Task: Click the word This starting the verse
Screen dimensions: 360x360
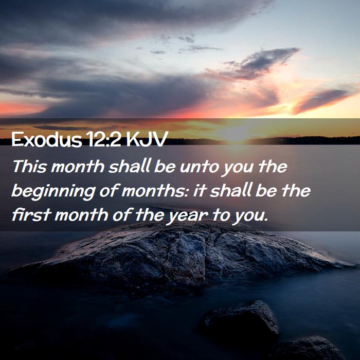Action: pos(29,166)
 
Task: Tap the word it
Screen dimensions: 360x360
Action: pos(199,191)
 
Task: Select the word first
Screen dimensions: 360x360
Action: pos(31,214)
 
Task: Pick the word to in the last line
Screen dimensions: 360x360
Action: pos(221,215)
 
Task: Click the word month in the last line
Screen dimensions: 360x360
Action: pos(81,215)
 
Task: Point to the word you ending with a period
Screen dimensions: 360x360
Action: pos(250,217)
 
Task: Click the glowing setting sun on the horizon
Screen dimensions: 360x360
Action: pos(236,134)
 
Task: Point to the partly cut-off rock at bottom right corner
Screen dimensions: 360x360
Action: pos(308,349)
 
